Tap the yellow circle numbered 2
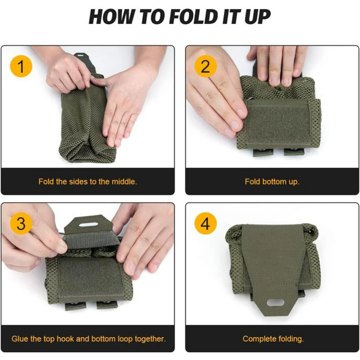click(205, 67)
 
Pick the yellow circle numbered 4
click(205, 224)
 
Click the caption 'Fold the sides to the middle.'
click(88, 181)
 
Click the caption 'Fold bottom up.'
click(272, 181)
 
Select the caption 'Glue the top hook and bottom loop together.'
click(88, 339)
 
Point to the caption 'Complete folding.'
click(272, 339)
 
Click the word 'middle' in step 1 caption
click(122, 181)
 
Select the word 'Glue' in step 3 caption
click(20, 339)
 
